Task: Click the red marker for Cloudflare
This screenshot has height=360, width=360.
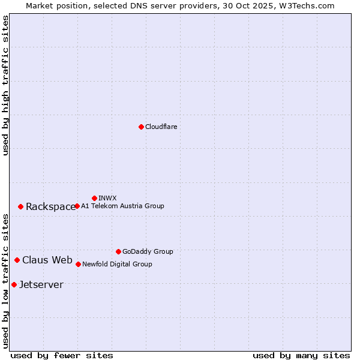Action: pos(141,127)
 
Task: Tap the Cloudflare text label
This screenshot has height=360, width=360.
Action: pos(161,127)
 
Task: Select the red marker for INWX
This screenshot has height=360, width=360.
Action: pos(94,198)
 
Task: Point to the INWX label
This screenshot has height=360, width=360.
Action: pos(107,198)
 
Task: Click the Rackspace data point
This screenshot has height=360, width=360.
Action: pos(20,206)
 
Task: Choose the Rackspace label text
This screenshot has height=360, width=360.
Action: pos(50,207)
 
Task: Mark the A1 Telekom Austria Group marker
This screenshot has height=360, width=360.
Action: pos(77,206)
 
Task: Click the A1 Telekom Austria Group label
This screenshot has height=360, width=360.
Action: pos(122,206)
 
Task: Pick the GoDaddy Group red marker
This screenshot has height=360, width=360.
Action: pos(118,251)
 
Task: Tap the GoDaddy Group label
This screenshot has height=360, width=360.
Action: pos(148,251)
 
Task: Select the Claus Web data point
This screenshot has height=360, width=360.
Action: pos(17,260)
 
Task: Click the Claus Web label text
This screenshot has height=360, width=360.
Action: pos(47,260)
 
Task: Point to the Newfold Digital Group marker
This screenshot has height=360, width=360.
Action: pos(78,264)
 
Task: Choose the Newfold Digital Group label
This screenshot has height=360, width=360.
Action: pos(117,264)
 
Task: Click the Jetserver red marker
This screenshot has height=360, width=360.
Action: pos(14,284)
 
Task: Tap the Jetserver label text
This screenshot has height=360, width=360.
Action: pos(41,285)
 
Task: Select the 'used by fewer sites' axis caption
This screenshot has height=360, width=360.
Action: pos(62,355)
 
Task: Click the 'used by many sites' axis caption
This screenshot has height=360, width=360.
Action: pos(301,355)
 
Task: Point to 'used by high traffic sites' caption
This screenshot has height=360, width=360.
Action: pos(5,85)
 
